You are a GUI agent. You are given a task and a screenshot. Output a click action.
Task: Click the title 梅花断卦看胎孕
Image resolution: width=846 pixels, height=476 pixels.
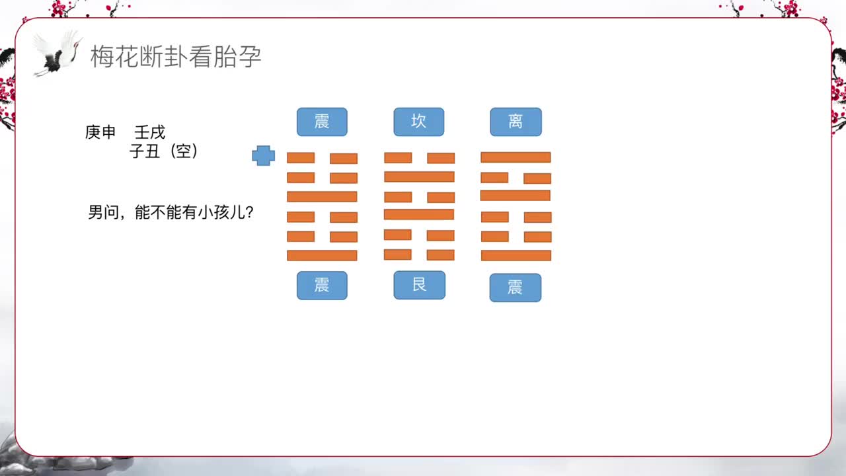coord(176,57)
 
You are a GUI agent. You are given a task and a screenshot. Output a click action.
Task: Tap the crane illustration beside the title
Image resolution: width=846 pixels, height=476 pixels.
coord(58,53)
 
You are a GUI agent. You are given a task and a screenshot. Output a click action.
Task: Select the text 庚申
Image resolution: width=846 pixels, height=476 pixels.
coord(100,132)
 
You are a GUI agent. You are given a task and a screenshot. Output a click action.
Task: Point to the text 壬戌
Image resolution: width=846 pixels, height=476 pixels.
coord(150,132)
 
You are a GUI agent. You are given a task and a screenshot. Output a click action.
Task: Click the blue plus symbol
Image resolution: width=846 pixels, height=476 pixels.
coord(263,156)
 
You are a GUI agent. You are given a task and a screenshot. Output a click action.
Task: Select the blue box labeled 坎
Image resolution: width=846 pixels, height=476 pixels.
coord(419,122)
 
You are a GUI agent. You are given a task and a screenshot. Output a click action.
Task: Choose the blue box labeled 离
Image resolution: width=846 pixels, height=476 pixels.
coord(516,122)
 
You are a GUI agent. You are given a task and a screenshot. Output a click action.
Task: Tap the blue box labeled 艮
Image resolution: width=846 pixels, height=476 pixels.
coord(419,285)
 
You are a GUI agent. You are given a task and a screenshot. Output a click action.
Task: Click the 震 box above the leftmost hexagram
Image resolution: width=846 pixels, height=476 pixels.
coord(322,122)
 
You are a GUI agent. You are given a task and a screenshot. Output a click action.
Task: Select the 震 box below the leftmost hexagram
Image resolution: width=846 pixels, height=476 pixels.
coord(322,285)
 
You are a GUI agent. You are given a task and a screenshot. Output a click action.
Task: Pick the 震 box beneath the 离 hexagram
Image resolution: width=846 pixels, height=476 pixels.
coord(516,288)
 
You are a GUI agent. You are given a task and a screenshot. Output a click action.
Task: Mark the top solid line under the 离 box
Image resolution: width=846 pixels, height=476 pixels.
coord(516,157)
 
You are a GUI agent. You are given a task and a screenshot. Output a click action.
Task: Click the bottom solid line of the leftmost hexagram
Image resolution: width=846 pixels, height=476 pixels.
coord(322,255)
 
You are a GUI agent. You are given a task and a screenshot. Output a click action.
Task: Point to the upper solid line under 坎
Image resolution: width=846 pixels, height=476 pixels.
coord(419,177)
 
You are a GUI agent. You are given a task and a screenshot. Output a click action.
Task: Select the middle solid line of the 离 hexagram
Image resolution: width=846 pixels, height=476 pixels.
coord(516,196)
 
